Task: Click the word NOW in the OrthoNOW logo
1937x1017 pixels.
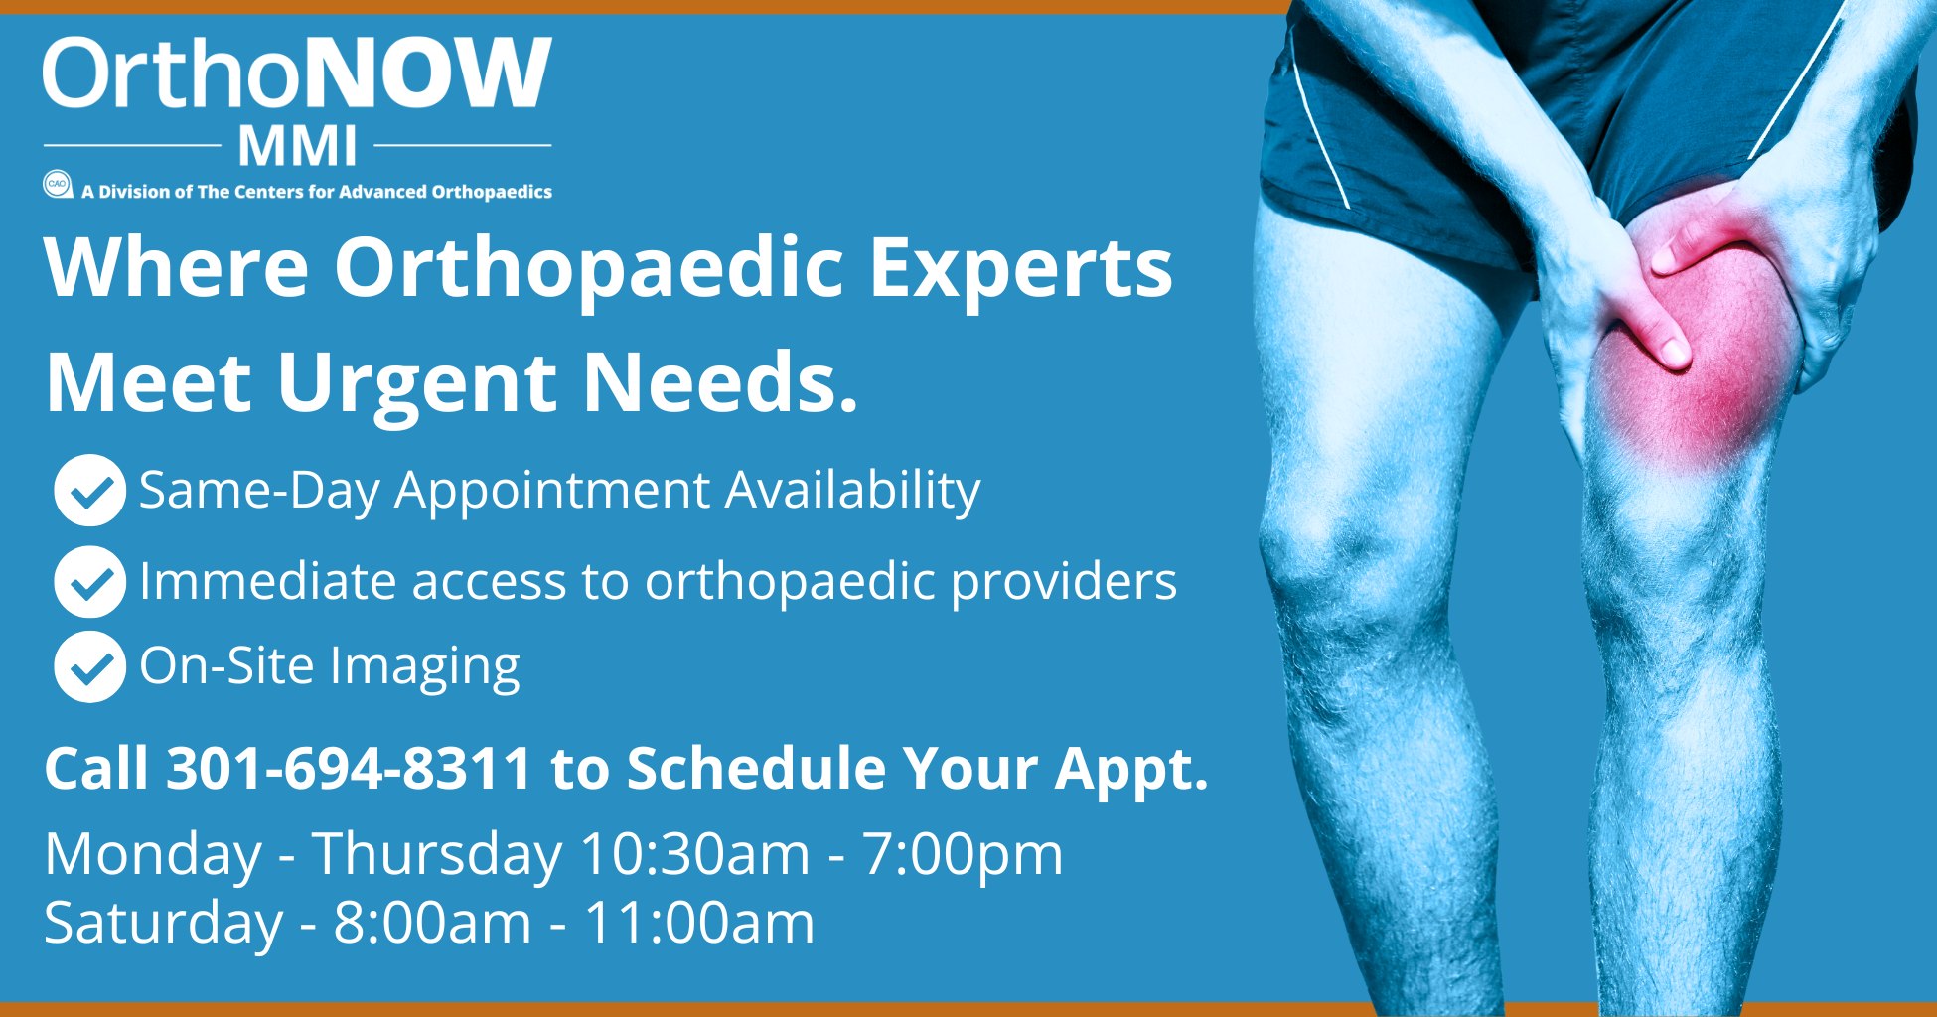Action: [428, 75]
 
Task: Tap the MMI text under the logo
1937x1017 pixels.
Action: [297, 147]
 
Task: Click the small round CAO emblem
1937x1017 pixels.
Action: [57, 185]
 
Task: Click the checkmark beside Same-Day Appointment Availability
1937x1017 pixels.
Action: [89, 490]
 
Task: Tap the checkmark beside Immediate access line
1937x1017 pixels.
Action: [89, 581]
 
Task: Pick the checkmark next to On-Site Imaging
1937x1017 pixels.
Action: [89, 666]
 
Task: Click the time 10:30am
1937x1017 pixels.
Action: [694, 854]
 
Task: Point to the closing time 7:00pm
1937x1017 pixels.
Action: [962, 854]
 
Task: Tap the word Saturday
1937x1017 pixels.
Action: [164, 923]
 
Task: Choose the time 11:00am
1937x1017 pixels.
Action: [698, 923]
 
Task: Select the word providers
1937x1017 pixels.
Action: [1063, 581]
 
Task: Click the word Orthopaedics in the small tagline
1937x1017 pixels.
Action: [492, 192]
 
